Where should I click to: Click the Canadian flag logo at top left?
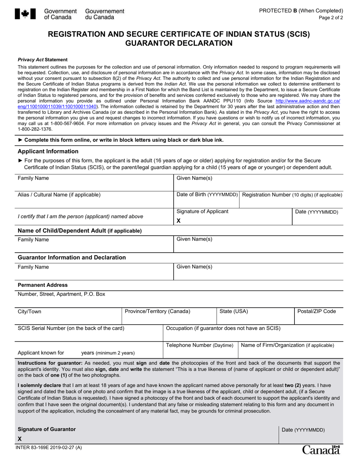[x=25, y=14]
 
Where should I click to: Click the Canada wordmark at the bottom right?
[x=321, y=450]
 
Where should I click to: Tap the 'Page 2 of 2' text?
[x=331, y=17]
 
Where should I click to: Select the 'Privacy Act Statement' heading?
[x=42, y=59]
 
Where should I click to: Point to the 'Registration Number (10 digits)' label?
[x=292, y=195]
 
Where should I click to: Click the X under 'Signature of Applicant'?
[x=179, y=220]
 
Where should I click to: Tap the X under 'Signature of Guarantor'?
[x=20, y=439]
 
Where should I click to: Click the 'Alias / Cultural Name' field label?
[x=59, y=195]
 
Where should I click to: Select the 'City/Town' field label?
[x=30, y=311]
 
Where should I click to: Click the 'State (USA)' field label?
[x=234, y=311]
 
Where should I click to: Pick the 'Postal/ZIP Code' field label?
[x=316, y=311]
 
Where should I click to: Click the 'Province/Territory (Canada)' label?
[x=157, y=311]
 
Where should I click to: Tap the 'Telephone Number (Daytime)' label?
[x=200, y=345]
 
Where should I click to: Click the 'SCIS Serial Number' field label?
[x=71, y=328]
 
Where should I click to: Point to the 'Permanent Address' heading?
[x=43, y=285]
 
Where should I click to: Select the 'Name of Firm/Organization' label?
[x=288, y=345]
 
